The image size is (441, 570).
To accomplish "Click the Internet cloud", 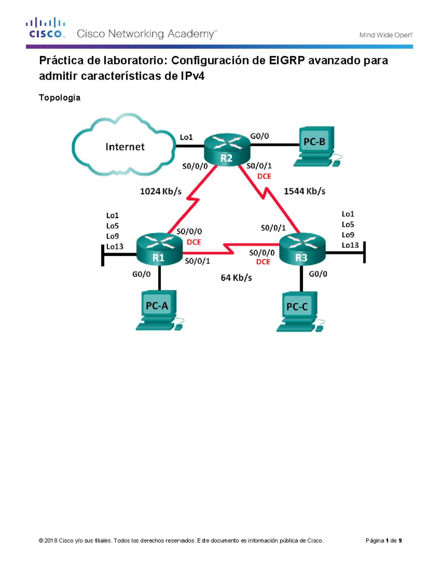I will click(x=124, y=146).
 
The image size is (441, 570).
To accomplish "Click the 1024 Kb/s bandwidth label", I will click(x=161, y=191).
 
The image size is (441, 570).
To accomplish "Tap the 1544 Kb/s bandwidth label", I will click(x=304, y=191).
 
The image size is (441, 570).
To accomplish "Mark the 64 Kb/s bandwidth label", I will click(x=236, y=278).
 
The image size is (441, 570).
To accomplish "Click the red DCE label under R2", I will click(x=264, y=177).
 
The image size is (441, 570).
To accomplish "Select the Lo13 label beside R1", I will click(x=115, y=247).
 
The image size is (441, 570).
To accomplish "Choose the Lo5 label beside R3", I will click(x=348, y=225).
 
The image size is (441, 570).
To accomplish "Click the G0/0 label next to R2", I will click(x=259, y=136).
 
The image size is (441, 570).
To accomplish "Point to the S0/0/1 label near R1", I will click(x=197, y=261).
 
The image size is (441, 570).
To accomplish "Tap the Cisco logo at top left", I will click(x=46, y=28).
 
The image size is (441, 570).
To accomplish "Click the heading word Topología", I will click(x=60, y=98).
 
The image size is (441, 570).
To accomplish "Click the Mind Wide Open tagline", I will click(x=386, y=35).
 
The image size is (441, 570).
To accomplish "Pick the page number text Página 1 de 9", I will click(x=384, y=541).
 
